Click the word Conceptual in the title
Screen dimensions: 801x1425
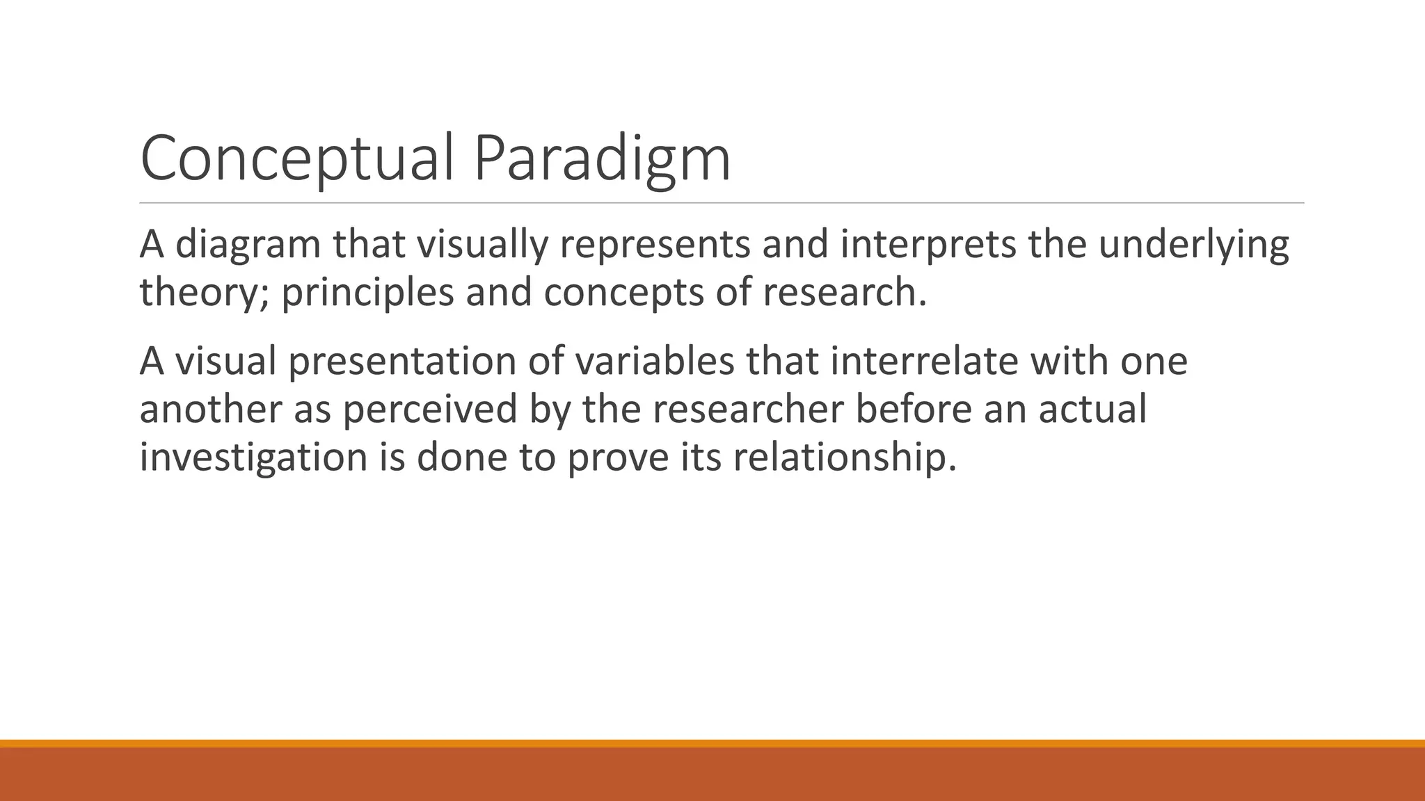point(298,159)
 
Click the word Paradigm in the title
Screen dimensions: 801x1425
point(602,159)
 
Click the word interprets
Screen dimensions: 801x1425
point(928,245)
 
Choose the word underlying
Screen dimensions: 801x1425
point(1193,245)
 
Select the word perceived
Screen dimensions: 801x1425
point(430,409)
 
